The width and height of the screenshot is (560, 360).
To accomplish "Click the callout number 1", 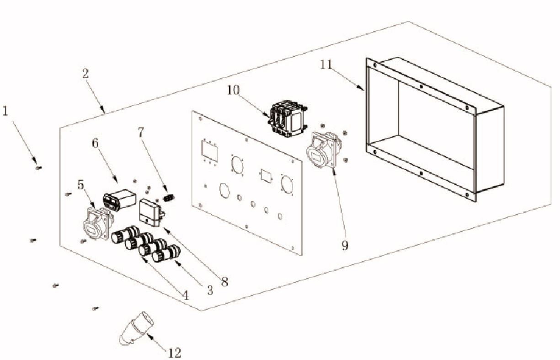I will click(x=5, y=111).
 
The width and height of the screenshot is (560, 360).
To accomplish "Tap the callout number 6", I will click(x=95, y=143).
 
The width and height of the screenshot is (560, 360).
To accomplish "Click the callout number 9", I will click(x=345, y=246).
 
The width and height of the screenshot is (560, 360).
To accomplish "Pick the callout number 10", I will click(x=233, y=90).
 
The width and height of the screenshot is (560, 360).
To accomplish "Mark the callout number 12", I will click(x=175, y=353).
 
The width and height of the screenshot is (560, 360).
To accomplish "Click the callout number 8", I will click(x=224, y=282).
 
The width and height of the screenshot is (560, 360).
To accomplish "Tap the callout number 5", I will click(x=80, y=185).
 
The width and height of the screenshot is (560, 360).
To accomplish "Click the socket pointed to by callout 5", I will click(x=96, y=222).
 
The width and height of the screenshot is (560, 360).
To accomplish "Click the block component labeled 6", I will click(x=119, y=200).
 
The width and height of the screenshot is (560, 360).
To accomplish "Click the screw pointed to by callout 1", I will click(x=38, y=168).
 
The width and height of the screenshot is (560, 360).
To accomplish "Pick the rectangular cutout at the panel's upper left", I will click(x=210, y=151).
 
